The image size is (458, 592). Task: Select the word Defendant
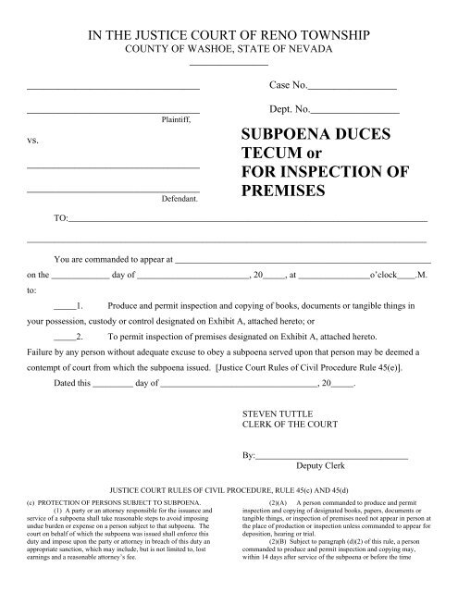178,197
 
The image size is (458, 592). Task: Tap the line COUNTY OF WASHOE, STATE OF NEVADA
229,48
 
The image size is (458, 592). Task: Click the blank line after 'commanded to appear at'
301,258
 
